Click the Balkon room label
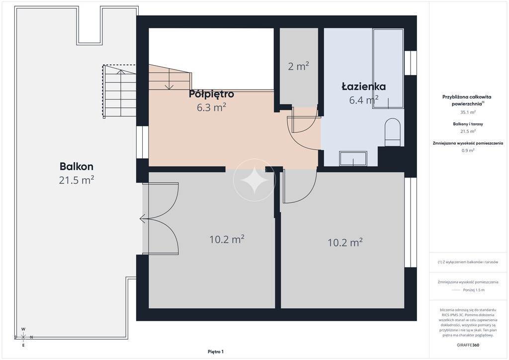click(x=76, y=167)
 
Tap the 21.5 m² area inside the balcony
click(x=77, y=180)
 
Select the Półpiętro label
click(x=211, y=94)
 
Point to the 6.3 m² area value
click(x=211, y=107)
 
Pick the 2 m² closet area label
click(x=298, y=66)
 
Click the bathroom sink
click(x=353, y=159)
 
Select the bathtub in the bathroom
click(x=388, y=69)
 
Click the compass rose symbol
click(x=23, y=337)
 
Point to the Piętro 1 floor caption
click(x=216, y=352)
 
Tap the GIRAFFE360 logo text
click(x=468, y=345)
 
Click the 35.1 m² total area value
click(x=468, y=112)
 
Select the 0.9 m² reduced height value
click(x=468, y=150)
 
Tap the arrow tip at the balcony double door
click(x=141, y=219)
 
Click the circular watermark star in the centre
click(x=254, y=180)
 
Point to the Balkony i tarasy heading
click(x=468, y=124)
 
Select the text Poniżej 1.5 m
click(x=474, y=290)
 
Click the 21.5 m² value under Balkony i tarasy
click(x=468, y=131)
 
